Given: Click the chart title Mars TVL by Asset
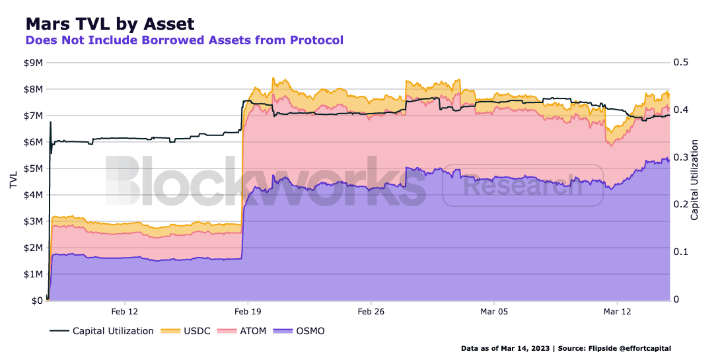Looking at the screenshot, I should (110, 24).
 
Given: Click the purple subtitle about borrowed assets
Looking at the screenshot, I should (184, 40).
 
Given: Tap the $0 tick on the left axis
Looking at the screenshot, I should (37, 301).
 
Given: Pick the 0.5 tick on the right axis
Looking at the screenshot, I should (680, 63).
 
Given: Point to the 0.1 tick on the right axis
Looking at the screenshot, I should (680, 252).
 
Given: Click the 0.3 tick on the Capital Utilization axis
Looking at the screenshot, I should (680, 157).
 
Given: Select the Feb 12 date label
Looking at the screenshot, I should (125, 311).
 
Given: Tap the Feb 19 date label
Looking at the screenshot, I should (248, 311).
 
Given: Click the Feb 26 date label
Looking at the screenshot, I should (371, 311).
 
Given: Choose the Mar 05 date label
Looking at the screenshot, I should (493, 311).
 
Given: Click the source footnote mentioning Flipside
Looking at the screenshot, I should (567, 348).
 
